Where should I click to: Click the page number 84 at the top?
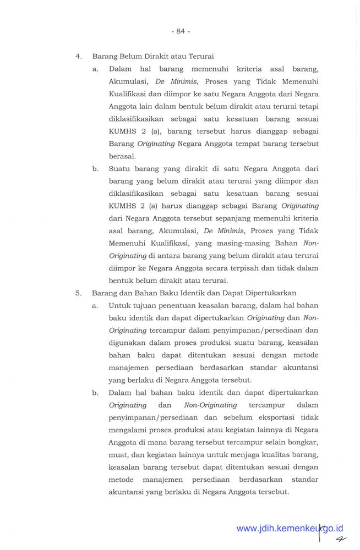click(x=180, y=31)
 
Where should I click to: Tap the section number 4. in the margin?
click(x=79, y=56)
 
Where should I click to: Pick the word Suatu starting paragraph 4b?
click(x=119, y=168)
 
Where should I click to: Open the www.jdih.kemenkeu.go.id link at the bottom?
click(x=290, y=529)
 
